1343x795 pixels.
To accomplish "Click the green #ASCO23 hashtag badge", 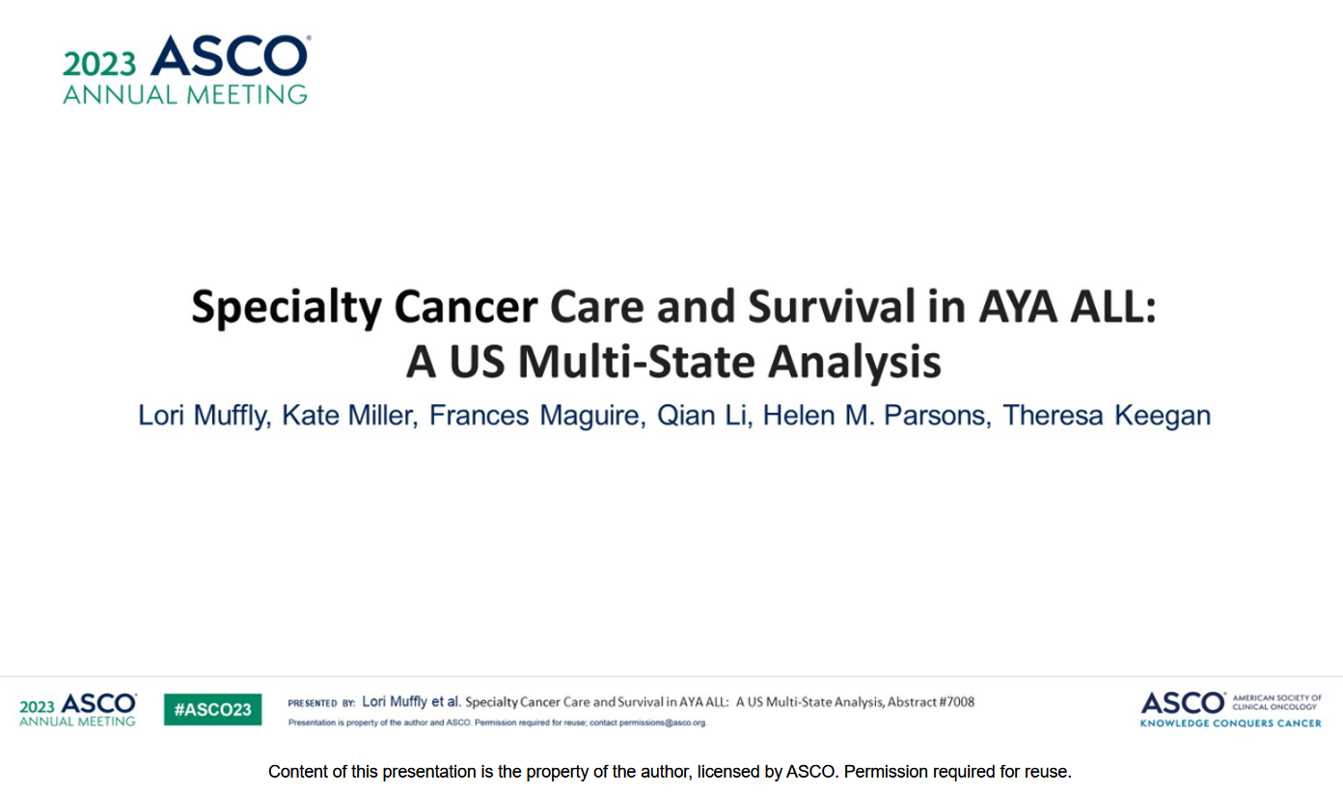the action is pos(213,709).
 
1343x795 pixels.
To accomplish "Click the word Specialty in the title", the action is pos(287,307).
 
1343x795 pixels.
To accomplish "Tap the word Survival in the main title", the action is pos(832,307).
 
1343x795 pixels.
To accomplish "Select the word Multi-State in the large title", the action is pos(636,362).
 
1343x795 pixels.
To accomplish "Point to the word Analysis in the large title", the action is pos(855,363).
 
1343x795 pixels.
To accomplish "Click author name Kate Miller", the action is pos(348,415).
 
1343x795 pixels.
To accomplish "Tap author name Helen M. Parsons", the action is pos(875,415).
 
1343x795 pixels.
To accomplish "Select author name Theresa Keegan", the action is pos(1107,416).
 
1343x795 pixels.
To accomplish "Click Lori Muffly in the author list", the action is pos(203,416).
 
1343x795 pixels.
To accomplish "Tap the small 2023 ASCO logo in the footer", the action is pos(78,710).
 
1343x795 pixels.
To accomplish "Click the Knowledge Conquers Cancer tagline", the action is pos(1230,723).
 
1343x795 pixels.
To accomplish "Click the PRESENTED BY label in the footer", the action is pos(321,703).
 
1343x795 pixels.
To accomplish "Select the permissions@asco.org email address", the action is pos(663,723).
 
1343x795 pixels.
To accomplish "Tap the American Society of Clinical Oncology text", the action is pos(1277,702).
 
